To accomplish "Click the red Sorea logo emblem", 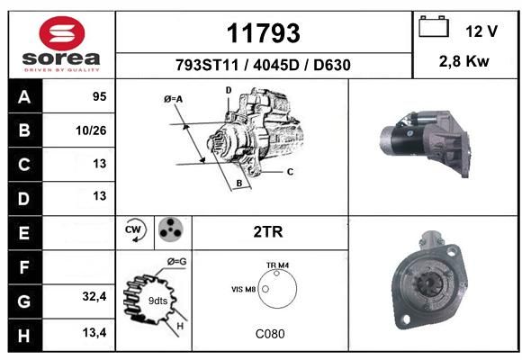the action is click(x=62, y=33).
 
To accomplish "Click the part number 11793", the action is click(x=264, y=33).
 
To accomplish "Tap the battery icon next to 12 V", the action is click(x=434, y=26).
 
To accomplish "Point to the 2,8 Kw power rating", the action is click(x=463, y=61).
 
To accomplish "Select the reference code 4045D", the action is click(x=276, y=65).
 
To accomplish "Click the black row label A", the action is click(x=24, y=97).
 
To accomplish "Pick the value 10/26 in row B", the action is click(x=91, y=130).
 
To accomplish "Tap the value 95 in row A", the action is click(x=100, y=96).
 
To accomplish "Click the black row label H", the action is click(x=24, y=336).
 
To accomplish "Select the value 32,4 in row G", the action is click(x=94, y=296).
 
